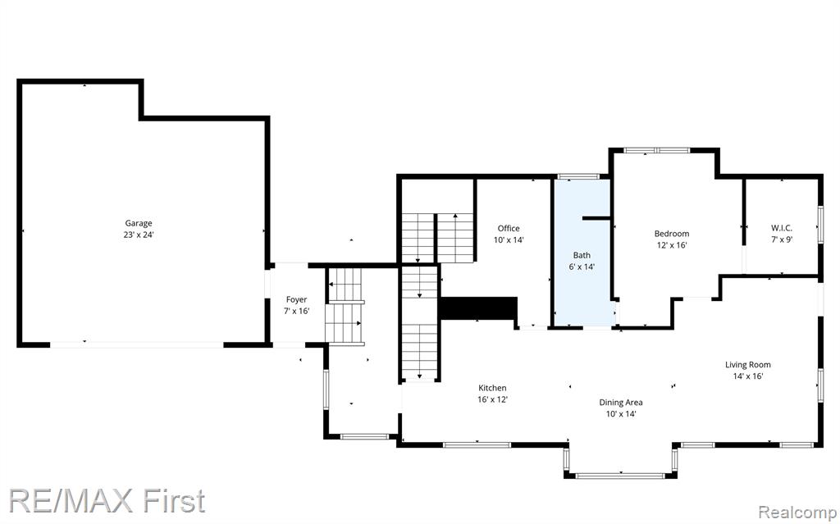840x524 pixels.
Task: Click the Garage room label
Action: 139,223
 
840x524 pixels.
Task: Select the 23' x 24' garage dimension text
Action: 139,235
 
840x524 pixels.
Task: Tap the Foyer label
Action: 296,299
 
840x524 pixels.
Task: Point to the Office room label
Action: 509,228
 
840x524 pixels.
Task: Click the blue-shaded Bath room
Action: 582,252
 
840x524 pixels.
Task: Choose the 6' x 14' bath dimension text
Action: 582,267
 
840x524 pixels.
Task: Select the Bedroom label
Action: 672,234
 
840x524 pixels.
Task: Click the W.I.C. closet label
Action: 782,228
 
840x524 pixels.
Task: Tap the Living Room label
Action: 748,365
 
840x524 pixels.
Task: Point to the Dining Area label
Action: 621,403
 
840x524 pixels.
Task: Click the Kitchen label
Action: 492,388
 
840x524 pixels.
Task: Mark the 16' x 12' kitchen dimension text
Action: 492,399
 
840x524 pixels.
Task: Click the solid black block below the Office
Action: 478,308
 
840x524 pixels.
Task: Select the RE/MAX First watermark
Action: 107,502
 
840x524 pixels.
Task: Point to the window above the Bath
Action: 578,176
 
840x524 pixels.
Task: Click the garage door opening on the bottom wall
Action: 137,344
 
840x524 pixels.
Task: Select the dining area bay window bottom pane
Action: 620,476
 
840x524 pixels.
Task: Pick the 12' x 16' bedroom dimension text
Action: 672,245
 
